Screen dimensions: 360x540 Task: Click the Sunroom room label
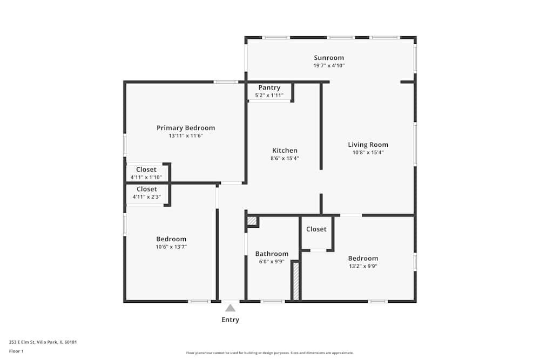(329, 58)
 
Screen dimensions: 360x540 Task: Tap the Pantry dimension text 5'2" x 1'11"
(269, 96)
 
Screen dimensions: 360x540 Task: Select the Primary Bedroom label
(186, 128)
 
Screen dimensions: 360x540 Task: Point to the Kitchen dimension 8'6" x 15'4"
(285, 158)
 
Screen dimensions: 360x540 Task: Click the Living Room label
(368, 145)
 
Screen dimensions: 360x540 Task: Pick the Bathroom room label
(272, 254)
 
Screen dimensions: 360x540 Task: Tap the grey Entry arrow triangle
(230, 308)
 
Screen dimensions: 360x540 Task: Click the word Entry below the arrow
(230, 320)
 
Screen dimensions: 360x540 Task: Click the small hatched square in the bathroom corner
(252, 220)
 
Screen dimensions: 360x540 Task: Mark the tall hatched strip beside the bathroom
(295, 281)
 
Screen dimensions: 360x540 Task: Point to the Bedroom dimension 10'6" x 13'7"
(171, 247)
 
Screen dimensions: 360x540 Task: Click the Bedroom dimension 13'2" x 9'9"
(363, 266)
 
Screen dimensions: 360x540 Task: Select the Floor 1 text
(16, 351)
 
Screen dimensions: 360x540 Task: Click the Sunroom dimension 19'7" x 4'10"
(329, 65)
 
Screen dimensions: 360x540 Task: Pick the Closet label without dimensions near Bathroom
(316, 229)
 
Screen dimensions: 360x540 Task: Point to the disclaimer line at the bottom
(269, 353)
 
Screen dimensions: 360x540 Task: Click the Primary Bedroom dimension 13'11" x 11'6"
(186, 135)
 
